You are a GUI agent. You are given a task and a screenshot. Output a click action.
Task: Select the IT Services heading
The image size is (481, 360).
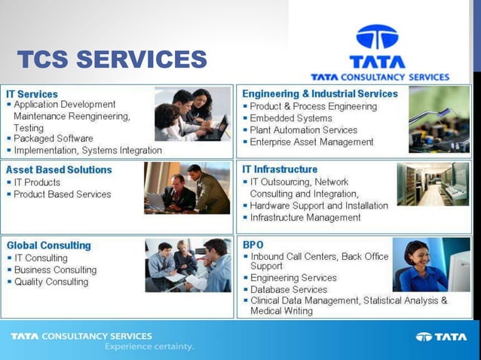click(x=32, y=94)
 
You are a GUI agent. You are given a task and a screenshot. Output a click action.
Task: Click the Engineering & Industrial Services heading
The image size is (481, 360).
click(x=320, y=94)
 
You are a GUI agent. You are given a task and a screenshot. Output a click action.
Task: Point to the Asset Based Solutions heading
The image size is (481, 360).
click(x=59, y=170)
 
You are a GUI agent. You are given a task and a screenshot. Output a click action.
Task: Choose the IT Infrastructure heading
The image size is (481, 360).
click(x=280, y=169)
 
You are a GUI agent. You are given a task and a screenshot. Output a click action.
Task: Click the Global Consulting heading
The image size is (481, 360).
click(x=48, y=246)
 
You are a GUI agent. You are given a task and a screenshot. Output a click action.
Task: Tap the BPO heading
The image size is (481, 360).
click(x=253, y=245)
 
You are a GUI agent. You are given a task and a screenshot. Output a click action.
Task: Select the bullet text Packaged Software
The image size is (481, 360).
click(x=54, y=139)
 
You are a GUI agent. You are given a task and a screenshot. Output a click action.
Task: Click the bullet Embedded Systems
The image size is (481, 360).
click(x=291, y=118)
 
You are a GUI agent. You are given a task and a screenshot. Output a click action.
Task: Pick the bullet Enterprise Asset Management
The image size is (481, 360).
click(x=311, y=142)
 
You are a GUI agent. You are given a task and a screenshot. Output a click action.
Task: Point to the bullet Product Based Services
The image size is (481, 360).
click(x=63, y=194)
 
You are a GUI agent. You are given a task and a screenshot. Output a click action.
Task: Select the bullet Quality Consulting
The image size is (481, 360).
click(x=51, y=282)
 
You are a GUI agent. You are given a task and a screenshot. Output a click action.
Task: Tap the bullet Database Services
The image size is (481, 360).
click(x=289, y=289)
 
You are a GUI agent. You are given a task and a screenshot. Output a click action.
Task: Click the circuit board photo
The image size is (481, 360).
click(x=439, y=120)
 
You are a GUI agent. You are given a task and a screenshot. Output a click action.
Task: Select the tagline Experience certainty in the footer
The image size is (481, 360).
click(x=149, y=346)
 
